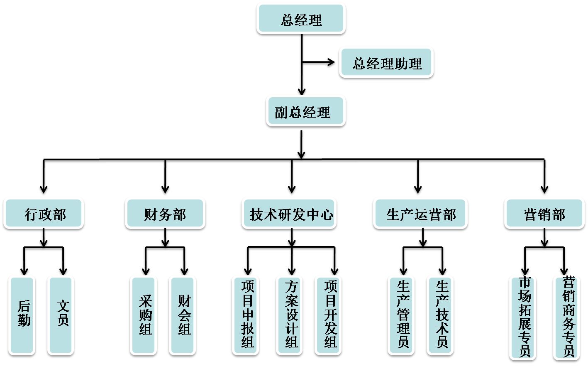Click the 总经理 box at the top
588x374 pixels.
(x=301, y=19)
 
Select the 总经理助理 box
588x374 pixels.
(x=386, y=63)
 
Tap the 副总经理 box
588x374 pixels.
(x=305, y=112)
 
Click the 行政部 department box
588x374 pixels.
(x=44, y=214)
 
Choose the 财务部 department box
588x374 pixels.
(x=165, y=214)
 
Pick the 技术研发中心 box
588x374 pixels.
(x=289, y=214)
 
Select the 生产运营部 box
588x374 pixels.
(x=420, y=214)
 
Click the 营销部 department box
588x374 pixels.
(x=544, y=214)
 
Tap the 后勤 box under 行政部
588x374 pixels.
(x=22, y=315)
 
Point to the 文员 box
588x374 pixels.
(x=61, y=315)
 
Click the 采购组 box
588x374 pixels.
(x=144, y=315)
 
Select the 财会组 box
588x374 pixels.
(x=183, y=315)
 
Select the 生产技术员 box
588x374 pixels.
(x=440, y=315)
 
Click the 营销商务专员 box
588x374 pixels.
(x=567, y=317)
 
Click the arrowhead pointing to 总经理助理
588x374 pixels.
(x=331, y=62)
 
